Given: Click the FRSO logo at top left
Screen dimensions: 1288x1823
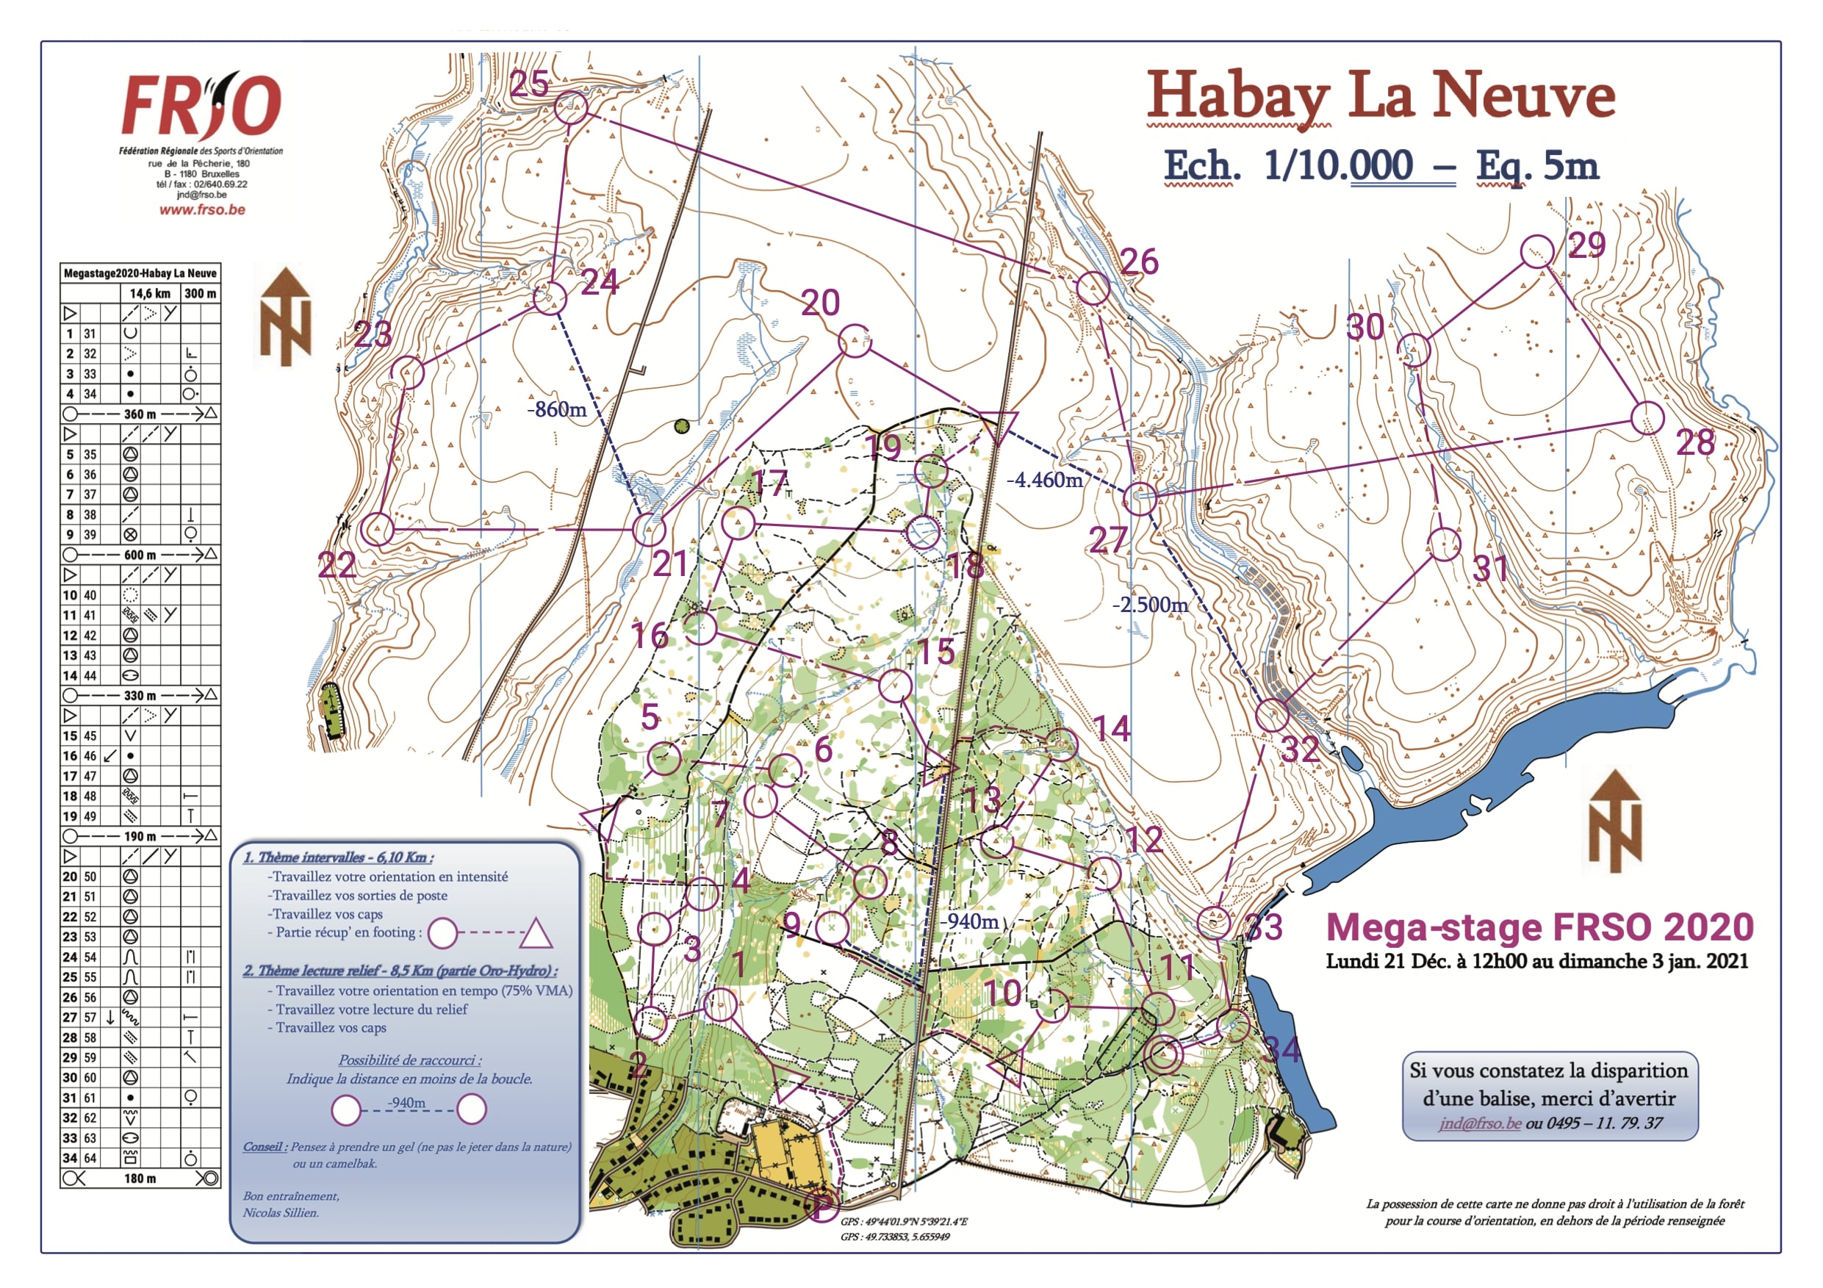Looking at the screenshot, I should [201, 105].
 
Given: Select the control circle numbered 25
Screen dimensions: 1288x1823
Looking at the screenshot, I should [571, 108].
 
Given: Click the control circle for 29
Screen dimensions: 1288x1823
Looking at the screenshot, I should [1537, 251].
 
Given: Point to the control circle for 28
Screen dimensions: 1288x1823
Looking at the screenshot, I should [1647, 417].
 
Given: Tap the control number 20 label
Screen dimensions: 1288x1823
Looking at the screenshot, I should [820, 303].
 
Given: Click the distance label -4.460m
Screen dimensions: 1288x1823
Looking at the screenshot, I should [1045, 480].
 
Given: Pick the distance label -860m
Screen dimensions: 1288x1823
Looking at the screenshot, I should [558, 410].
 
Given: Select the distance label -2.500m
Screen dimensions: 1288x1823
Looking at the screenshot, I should [1150, 605].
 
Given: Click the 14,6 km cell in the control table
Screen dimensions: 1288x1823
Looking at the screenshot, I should [150, 293].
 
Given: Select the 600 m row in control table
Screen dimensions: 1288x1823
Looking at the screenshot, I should [140, 554].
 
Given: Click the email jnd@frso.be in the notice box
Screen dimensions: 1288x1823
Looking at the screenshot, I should [1480, 1123].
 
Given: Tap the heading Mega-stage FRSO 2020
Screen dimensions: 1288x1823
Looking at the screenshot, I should [1539, 927].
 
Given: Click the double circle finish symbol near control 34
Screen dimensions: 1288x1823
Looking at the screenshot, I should [1163, 1055].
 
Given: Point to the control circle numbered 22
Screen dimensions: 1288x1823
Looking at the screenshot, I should [378, 529].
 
